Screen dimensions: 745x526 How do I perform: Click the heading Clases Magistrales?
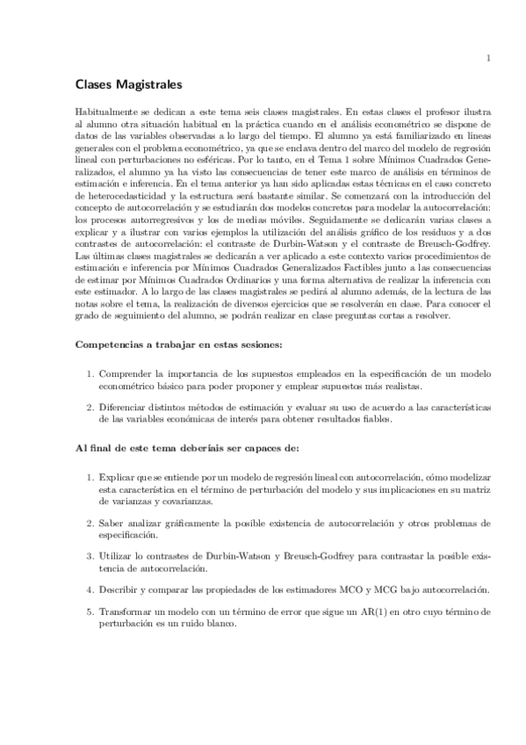pyautogui.click(x=128, y=86)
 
